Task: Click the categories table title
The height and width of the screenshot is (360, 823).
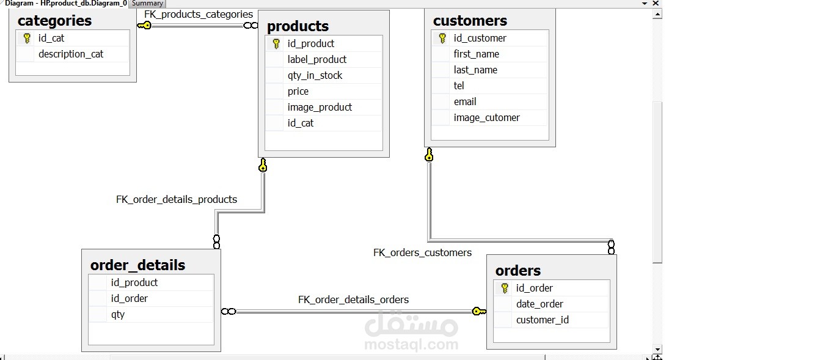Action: pos(54,21)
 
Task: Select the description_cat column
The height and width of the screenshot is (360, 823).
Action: pos(71,54)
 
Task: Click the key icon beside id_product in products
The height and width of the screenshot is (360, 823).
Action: pos(276,43)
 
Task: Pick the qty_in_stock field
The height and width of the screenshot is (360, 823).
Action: pos(315,75)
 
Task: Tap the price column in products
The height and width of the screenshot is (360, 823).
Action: pos(298,91)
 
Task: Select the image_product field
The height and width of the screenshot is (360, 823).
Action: pos(320,107)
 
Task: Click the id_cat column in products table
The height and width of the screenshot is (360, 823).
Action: pos(301,123)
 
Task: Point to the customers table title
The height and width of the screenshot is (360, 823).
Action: pos(470,21)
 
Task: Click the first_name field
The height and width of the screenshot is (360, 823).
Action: pos(476,54)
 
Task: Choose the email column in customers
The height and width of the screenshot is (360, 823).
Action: pos(465,101)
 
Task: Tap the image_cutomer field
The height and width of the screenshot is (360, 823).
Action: pos(486,117)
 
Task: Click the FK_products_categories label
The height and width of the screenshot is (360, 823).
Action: pos(199,14)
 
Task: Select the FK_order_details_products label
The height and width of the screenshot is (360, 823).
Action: pos(177,199)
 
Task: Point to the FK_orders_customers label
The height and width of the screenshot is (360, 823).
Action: pos(422,252)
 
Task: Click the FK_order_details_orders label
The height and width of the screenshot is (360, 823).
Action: pos(353,299)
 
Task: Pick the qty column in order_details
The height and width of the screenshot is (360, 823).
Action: pos(118,314)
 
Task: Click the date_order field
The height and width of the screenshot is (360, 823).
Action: pos(540,304)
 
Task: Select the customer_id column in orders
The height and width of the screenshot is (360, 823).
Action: pos(542,320)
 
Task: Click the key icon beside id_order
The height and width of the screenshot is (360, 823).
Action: pos(505,288)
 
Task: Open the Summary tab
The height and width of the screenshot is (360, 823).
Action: pos(147,3)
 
